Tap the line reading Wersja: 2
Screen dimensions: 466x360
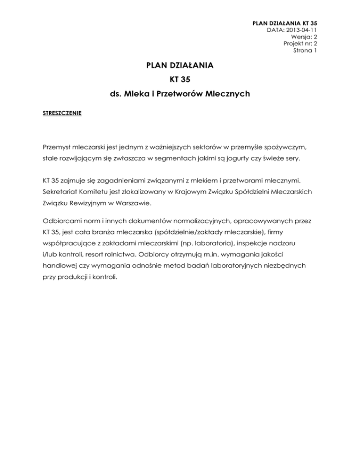tap(305, 37)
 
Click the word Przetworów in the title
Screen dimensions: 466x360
tap(191, 94)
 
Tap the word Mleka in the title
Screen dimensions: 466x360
tap(135, 94)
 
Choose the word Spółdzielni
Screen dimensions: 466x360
tap(233, 192)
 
